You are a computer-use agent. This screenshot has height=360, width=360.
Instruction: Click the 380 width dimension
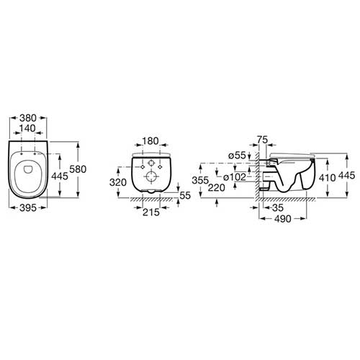pos(28,118)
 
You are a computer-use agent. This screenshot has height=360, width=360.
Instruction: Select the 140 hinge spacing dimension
pos(27,128)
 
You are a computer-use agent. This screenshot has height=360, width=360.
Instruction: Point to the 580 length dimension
pos(78,169)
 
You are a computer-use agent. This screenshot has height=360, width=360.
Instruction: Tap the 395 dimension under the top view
pos(28,208)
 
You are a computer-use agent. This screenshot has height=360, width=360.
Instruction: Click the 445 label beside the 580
pos(60,176)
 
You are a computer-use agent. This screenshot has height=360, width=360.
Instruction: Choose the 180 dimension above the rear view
pos(150,141)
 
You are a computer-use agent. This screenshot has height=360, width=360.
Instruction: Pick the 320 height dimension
pos(118,183)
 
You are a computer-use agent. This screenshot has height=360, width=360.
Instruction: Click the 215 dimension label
pos(151,212)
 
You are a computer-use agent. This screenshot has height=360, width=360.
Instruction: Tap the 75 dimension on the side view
pos(262,140)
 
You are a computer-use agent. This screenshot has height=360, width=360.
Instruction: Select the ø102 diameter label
pos(235,177)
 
